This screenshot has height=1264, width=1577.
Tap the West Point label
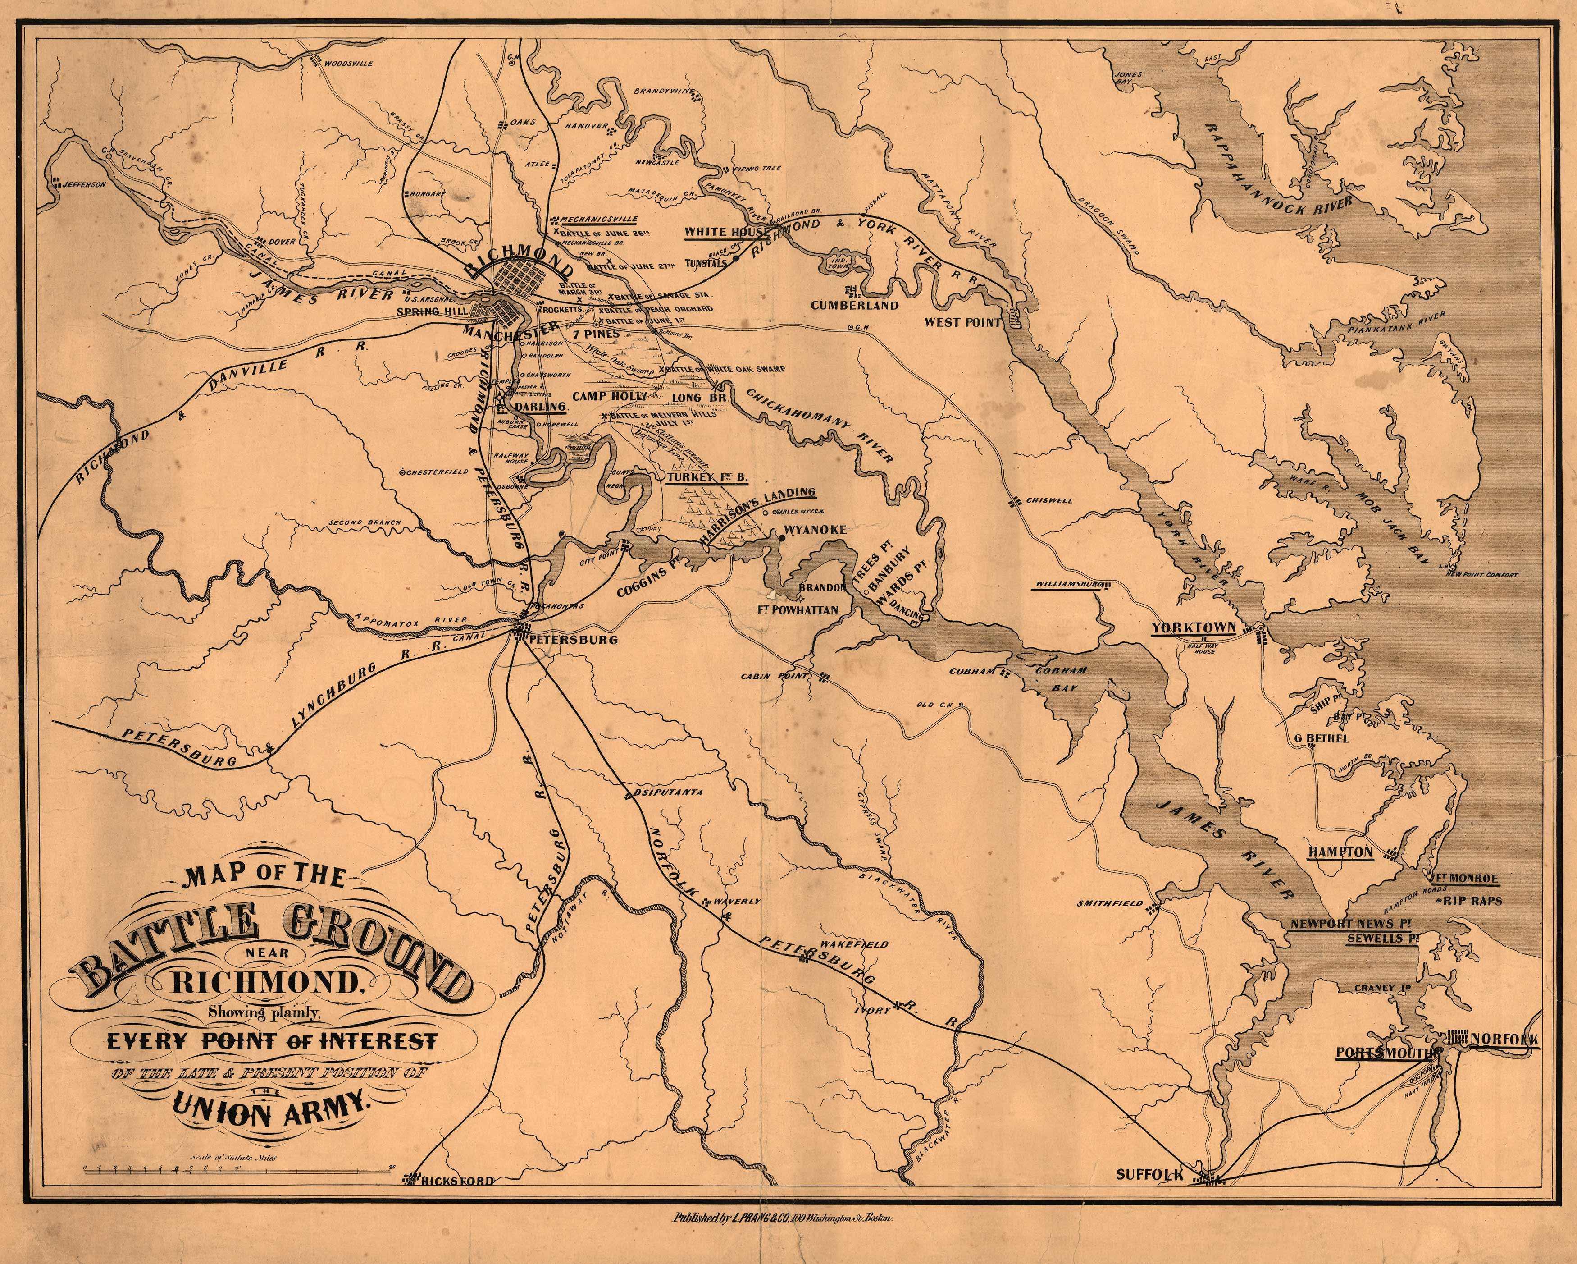pyautogui.click(x=962, y=321)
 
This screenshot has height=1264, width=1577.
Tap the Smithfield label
pyautogui.click(x=1109, y=904)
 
